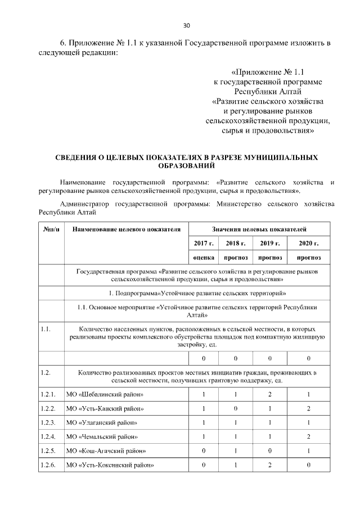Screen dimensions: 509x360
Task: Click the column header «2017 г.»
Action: [203, 244]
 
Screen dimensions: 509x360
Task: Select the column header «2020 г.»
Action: [309, 244]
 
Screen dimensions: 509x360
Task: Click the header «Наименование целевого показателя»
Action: [127, 229]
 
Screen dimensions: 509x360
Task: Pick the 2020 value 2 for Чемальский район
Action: [309, 436]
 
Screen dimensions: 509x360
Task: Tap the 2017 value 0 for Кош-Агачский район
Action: [203, 451]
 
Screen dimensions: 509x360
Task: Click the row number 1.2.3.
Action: [48, 422]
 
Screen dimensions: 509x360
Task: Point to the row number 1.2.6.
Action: [48, 465]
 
